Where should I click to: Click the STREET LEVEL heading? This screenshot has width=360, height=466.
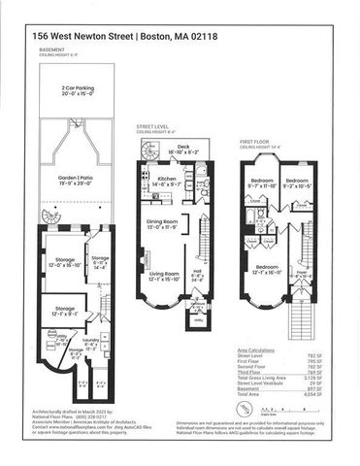coord(153,125)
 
